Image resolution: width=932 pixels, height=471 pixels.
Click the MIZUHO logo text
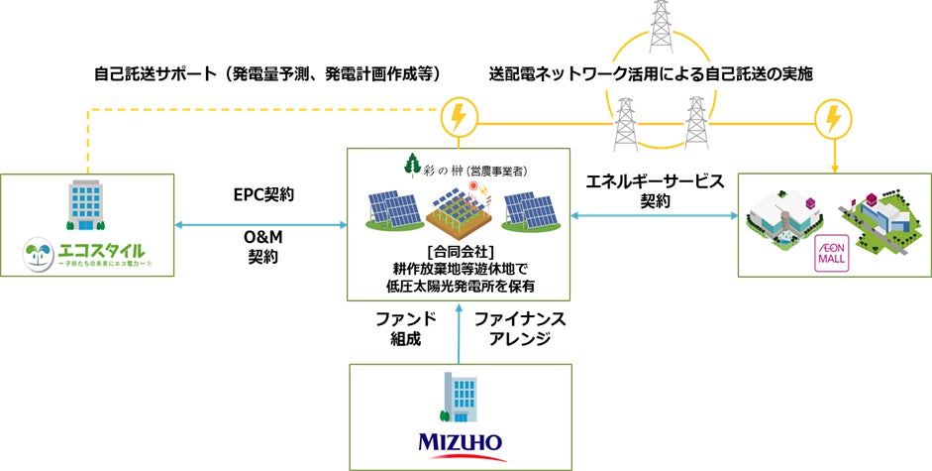click(x=460, y=441)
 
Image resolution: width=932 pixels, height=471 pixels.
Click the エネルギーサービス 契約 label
click(x=655, y=190)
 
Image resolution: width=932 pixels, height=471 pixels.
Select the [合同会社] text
click(x=458, y=249)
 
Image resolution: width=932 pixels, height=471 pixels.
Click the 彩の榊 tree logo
click(x=412, y=166)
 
